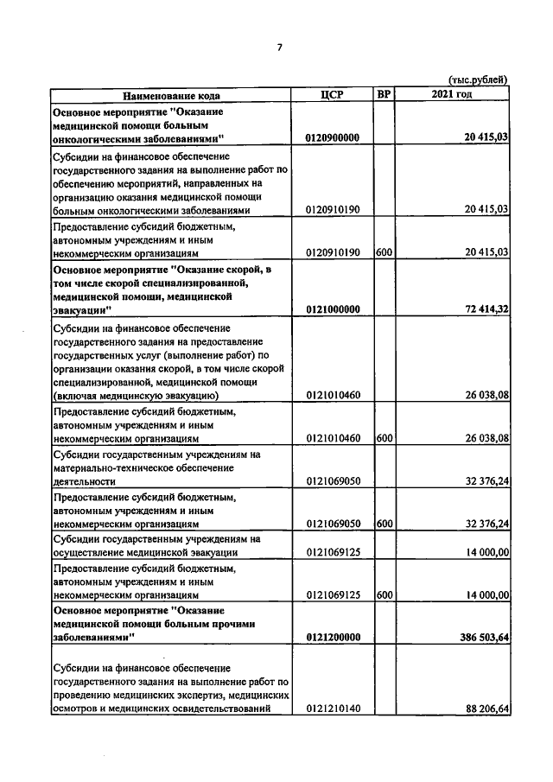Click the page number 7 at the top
279,48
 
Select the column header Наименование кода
170,95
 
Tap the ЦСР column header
333,95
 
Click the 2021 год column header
451,94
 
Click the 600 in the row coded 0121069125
385,594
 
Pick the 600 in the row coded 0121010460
385,438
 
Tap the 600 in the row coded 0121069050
385,524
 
